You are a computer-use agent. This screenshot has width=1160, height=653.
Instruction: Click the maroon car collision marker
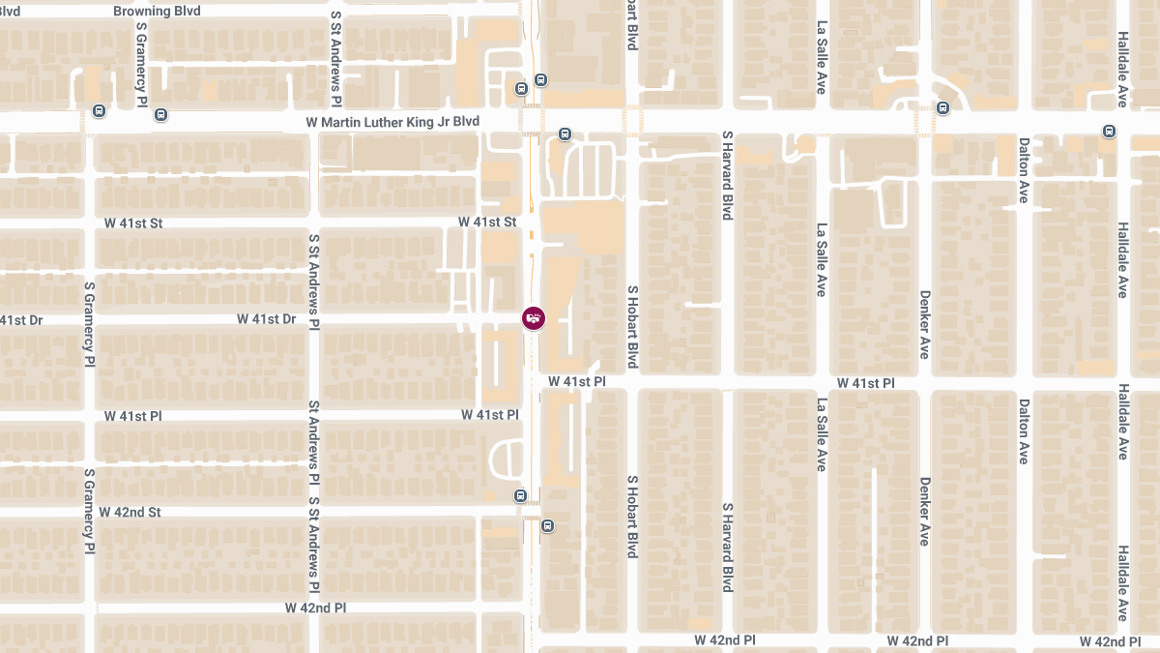(x=533, y=317)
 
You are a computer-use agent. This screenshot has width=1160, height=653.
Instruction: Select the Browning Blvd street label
(x=157, y=11)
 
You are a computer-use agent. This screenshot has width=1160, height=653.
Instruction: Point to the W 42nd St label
(x=130, y=512)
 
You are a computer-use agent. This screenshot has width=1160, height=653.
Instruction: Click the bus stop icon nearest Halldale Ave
(x=1109, y=132)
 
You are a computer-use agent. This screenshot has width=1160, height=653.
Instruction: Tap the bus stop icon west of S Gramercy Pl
(x=99, y=111)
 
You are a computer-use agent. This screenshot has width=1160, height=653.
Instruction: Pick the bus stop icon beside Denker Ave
(x=942, y=107)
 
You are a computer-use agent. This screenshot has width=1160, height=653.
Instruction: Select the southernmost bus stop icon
(x=548, y=526)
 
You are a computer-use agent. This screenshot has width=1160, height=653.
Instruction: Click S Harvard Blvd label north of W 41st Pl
(x=727, y=175)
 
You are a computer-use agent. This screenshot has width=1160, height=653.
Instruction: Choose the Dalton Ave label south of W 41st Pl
(x=1023, y=431)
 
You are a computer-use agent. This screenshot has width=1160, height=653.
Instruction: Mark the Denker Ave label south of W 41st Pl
(x=925, y=511)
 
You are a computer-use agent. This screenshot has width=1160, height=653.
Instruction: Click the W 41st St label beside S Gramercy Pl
(x=133, y=223)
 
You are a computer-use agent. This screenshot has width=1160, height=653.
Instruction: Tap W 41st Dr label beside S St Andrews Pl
(x=266, y=318)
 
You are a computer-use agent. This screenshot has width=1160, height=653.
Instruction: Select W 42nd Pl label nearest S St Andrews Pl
(x=315, y=608)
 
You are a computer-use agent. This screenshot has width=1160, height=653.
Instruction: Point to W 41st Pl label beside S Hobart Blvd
(x=576, y=382)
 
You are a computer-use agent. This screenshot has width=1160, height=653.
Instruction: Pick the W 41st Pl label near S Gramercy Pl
(x=133, y=416)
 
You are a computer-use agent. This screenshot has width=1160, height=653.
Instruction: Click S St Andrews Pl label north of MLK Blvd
(x=335, y=59)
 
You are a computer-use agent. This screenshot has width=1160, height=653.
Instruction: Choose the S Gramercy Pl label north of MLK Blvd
(x=141, y=66)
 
